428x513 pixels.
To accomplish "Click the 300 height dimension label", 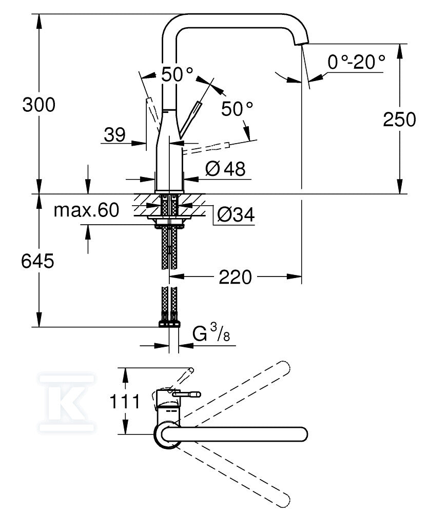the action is click(38, 105).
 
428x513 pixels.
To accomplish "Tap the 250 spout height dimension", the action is click(399, 120).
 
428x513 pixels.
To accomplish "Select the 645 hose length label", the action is click(37, 261).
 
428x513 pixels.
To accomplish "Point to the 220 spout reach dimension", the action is click(235, 277).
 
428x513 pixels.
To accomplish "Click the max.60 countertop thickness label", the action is click(86, 210).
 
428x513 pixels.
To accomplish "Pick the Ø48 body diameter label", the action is click(225, 169).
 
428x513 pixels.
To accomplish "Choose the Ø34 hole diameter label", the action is click(236, 215).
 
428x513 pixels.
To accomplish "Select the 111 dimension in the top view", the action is click(124, 401).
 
